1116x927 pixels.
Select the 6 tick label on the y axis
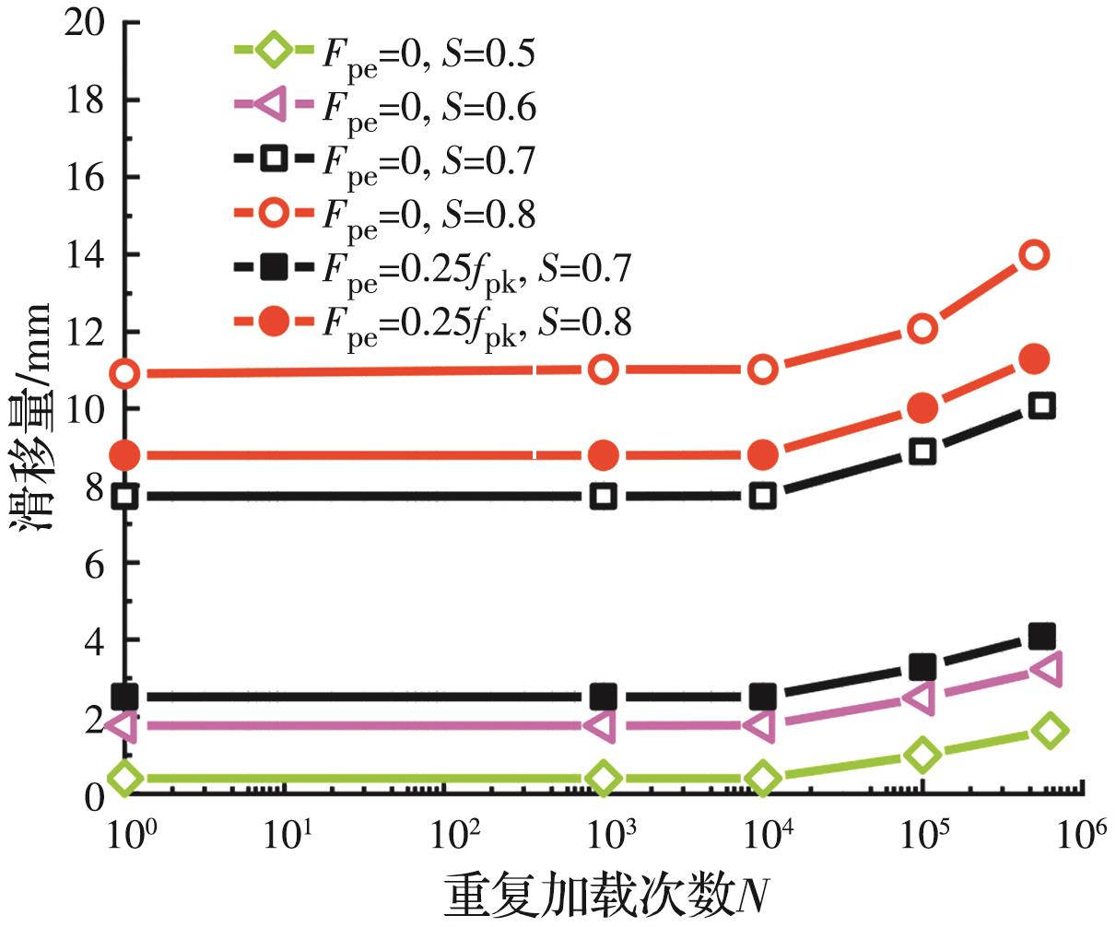click(92, 563)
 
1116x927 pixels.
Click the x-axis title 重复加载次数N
click(607, 895)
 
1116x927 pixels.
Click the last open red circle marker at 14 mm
click(1034, 254)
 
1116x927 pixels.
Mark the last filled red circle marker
click(1035, 358)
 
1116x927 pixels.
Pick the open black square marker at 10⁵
click(922, 451)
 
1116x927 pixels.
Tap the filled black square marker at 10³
click(603, 697)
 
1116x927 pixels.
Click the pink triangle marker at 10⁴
click(761, 725)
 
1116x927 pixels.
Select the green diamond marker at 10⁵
click(922, 755)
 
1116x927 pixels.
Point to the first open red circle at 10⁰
click(124, 373)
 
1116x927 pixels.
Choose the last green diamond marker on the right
click(1050, 730)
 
